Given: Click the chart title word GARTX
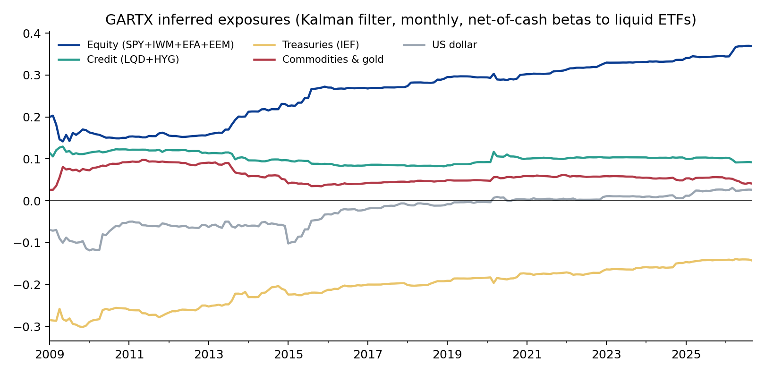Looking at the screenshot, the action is click(x=129, y=20).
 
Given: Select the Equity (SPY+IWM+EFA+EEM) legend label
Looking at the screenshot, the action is click(x=161, y=45).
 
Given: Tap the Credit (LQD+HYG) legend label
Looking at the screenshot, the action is click(x=133, y=59).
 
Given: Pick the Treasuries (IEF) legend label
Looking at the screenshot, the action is click(x=321, y=45).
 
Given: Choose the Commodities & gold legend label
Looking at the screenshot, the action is click(x=333, y=59).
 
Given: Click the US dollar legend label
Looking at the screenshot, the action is click(x=455, y=45).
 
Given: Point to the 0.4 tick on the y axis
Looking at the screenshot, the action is click(x=32, y=34).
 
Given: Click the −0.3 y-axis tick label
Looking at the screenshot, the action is click(x=27, y=327).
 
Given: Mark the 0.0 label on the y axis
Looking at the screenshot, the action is click(x=32, y=201).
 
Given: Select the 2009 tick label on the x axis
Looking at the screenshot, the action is click(x=50, y=355).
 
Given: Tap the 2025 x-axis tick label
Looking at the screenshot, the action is click(x=686, y=355).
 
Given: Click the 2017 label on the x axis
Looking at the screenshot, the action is click(x=368, y=355).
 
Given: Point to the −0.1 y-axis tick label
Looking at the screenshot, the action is click(x=27, y=243).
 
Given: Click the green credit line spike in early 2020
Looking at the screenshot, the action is click(x=494, y=152).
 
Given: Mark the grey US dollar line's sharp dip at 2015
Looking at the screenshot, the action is click(x=288, y=243).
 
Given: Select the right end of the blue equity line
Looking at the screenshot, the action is click(x=752, y=46).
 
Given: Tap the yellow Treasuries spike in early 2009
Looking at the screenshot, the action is click(x=59, y=309).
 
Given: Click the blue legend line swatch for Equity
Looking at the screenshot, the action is click(x=69, y=45).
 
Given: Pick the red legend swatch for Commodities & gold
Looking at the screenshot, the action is click(x=264, y=60).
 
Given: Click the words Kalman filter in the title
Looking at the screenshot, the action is click(x=346, y=20).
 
